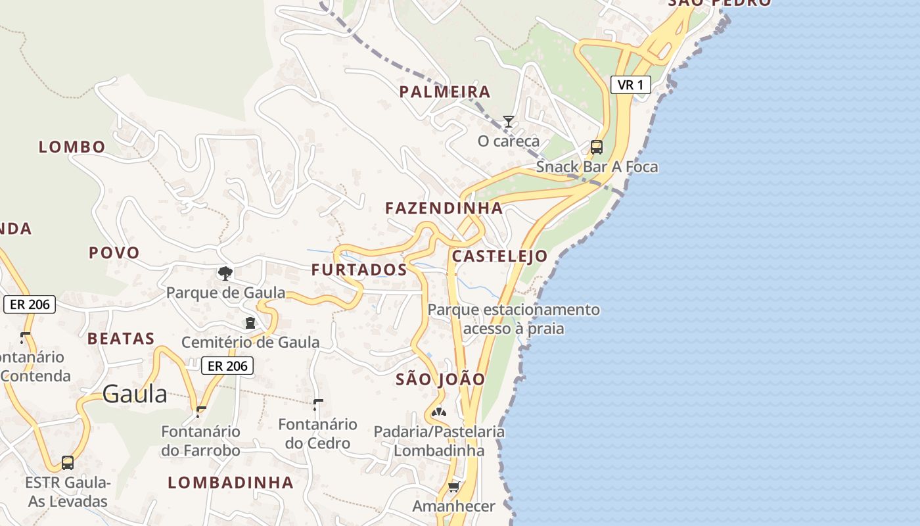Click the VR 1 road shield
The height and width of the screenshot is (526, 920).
(x=630, y=85)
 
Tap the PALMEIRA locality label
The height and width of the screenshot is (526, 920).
(x=445, y=92)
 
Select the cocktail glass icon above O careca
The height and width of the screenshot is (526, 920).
(x=508, y=122)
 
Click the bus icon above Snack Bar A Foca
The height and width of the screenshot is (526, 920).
(x=597, y=147)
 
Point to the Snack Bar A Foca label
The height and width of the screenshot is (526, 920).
(x=597, y=167)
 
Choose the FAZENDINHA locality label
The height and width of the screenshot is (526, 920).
(x=444, y=208)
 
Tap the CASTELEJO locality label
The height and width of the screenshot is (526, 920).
(x=499, y=256)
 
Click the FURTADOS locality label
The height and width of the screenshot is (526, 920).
(x=359, y=270)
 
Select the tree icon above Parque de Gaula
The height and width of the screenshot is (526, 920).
(x=225, y=273)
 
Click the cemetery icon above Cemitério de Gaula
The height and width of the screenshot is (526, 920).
(x=250, y=323)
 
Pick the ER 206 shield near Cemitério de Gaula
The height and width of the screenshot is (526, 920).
(x=227, y=366)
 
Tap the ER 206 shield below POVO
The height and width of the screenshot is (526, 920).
(x=30, y=304)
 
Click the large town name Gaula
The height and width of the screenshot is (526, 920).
(x=135, y=394)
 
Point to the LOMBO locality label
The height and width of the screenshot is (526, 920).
(x=72, y=147)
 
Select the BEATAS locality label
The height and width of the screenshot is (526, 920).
(x=121, y=339)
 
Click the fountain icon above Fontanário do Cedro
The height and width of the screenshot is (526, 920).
(x=318, y=404)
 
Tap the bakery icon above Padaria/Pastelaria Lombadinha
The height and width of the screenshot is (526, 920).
(x=439, y=413)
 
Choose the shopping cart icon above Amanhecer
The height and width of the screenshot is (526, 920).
(x=453, y=487)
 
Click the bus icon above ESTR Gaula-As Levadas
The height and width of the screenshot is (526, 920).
(x=67, y=462)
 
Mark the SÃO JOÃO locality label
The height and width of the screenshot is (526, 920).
(x=440, y=379)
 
